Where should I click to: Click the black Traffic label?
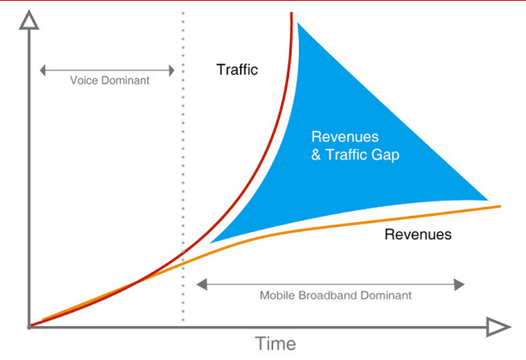[x=237, y=70]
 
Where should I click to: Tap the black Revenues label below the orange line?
[x=418, y=234]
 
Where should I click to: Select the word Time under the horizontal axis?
[x=275, y=343]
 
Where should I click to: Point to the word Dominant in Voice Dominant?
[x=126, y=80]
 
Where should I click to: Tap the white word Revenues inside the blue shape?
[x=345, y=137]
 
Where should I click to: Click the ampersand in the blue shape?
[x=316, y=155]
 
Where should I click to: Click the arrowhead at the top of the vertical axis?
[x=29, y=20]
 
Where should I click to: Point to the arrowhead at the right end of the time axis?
[x=498, y=327]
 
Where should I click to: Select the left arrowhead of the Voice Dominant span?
[x=43, y=70]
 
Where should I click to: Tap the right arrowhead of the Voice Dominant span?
[x=172, y=70]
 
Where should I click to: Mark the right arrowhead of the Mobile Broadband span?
[x=459, y=285]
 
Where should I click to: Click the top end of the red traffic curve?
[x=292, y=12]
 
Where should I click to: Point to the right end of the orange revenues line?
[x=501, y=206]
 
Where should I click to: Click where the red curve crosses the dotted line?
[x=183, y=252]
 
